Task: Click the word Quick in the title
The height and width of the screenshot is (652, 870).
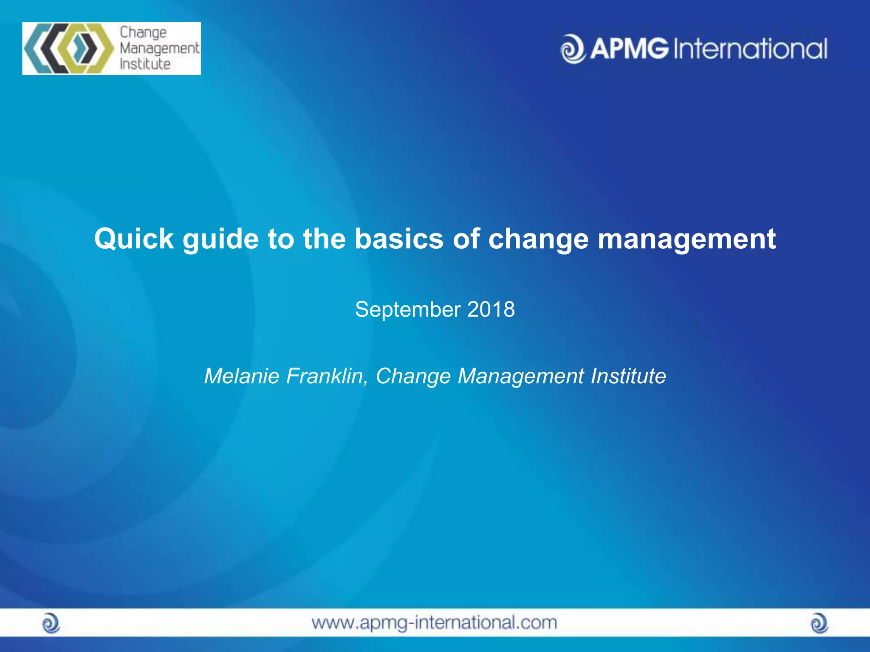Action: [133, 239]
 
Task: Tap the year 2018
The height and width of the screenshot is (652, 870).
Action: [491, 309]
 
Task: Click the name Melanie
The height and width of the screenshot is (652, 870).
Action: [241, 376]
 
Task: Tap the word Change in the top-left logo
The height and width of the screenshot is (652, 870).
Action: [143, 33]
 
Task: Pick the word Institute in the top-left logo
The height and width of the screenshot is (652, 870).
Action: [145, 64]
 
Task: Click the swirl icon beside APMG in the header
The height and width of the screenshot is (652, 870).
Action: [573, 49]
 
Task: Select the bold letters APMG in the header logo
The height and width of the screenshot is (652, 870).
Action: [629, 48]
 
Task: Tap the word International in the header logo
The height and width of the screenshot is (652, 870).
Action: [750, 49]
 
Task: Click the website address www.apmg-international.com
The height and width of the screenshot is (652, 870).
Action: [434, 623]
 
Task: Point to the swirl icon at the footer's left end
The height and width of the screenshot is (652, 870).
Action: [51, 624]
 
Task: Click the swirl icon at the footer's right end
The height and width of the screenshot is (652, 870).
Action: [819, 624]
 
